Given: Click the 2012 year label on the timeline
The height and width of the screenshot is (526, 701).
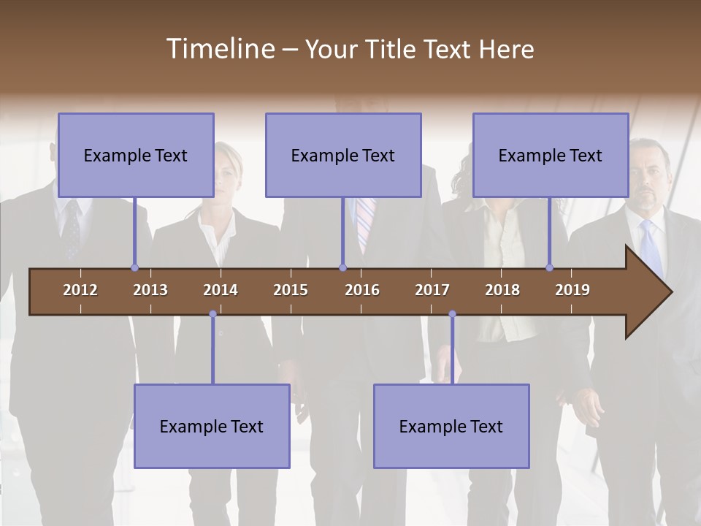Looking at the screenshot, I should click(80, 290).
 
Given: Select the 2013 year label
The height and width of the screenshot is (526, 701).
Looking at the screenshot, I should click(150, 290).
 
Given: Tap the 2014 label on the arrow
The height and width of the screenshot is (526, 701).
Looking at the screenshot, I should click(221, 290).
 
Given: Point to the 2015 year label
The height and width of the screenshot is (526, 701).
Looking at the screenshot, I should click(291, 290).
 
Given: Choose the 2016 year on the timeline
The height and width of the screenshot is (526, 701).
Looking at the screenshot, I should click(362, 290).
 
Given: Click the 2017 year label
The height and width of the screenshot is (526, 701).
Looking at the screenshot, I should click(432, 290).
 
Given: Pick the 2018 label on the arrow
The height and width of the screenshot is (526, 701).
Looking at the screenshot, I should click(502, 290).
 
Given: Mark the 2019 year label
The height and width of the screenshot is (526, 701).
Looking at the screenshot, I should click(572, 290).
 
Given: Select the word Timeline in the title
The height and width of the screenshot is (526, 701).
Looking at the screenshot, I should click(220, 49).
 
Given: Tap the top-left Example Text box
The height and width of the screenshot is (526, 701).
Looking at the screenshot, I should click(136, 155).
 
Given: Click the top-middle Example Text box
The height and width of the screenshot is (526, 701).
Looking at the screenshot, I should click(343, 155).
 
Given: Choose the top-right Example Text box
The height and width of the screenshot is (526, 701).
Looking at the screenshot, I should click(551, 155).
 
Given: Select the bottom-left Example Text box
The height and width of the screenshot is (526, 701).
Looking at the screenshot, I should click(212, 426).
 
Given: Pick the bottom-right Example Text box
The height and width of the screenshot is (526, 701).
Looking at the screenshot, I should click(451, 426).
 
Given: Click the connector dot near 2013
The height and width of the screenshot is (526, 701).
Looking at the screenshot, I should click(134, 268).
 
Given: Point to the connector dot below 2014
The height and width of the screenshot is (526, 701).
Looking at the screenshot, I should click(212, 314).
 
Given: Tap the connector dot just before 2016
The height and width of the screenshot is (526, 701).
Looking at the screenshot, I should click(342, 268).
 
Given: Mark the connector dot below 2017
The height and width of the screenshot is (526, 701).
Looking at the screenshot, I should click(452, 314).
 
